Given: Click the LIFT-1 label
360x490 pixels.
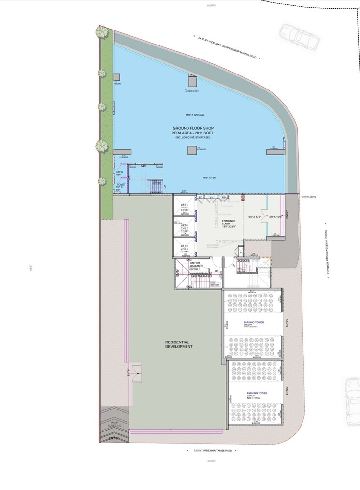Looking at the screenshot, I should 184,205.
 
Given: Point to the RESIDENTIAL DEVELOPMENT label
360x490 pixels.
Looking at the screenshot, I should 179,344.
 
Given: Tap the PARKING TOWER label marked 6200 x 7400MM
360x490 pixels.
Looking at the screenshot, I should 257,393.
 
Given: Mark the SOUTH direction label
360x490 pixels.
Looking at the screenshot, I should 212,461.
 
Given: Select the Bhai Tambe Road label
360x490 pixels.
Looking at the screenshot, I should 213,450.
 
